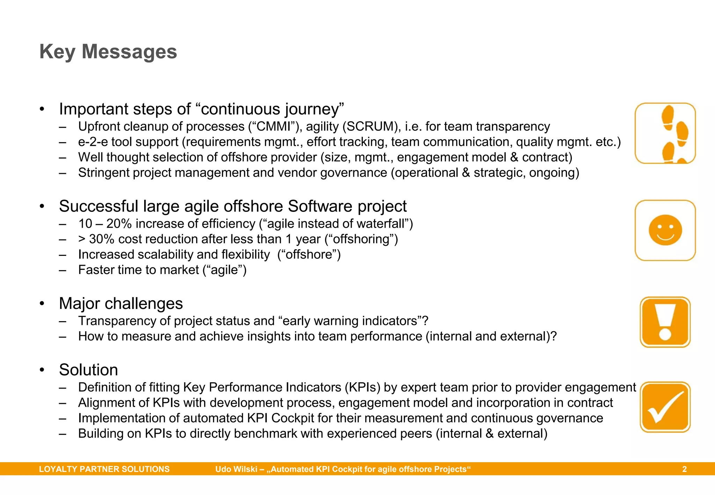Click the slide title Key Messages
108,52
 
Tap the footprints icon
665,133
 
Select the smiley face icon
665,230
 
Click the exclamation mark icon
665,322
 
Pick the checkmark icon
665,407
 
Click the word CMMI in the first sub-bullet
273,126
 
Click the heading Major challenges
121,303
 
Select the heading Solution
88,370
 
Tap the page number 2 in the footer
684,469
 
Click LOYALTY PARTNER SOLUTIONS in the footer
104,469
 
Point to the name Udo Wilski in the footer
236,469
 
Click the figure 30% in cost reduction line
102,239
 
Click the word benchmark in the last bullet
265,434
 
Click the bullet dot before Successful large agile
42,206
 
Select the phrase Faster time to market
138,270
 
